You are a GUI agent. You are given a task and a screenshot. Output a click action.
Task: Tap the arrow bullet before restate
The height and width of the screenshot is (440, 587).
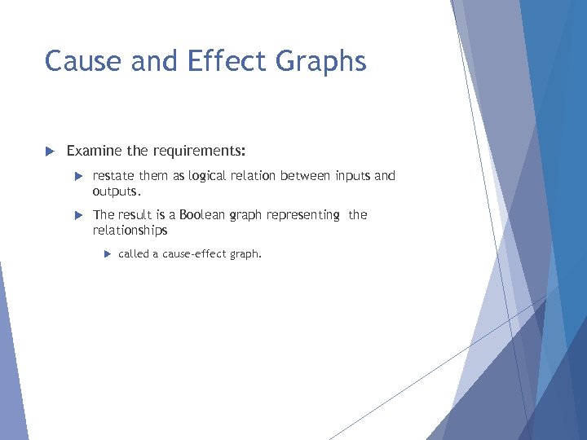click(78, 176)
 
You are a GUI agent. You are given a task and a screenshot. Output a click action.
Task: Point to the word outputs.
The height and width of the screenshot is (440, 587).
click(117, 191)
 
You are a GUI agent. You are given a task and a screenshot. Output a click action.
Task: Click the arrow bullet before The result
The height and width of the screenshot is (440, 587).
click(78, 215)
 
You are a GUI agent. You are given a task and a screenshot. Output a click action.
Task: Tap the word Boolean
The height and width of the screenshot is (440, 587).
click(203, 215)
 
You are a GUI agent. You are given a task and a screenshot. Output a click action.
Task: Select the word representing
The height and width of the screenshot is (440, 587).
click(302, 215)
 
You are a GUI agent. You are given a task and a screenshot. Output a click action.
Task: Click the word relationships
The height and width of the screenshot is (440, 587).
click(130, 231)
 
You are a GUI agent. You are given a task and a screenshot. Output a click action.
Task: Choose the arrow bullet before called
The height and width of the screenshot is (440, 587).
click(107, 254)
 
